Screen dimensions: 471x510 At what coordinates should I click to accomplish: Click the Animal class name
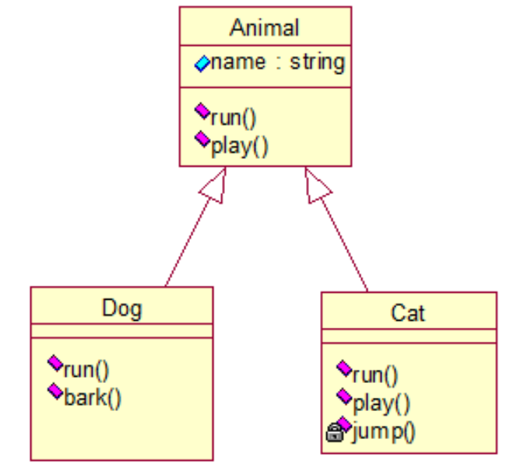265,28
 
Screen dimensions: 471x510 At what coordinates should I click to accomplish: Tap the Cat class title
408,313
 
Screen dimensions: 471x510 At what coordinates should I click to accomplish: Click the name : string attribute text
277,62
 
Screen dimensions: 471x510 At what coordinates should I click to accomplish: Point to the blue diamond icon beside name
202,64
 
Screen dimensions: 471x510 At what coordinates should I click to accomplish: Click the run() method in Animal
233,118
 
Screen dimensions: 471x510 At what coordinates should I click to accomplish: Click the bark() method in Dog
93,398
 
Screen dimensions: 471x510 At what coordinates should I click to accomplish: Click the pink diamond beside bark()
55,391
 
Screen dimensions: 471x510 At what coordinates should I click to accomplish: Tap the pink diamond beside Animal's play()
202,139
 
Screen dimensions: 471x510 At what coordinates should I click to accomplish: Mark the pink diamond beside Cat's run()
343,367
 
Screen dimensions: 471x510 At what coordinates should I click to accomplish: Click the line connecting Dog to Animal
187,241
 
